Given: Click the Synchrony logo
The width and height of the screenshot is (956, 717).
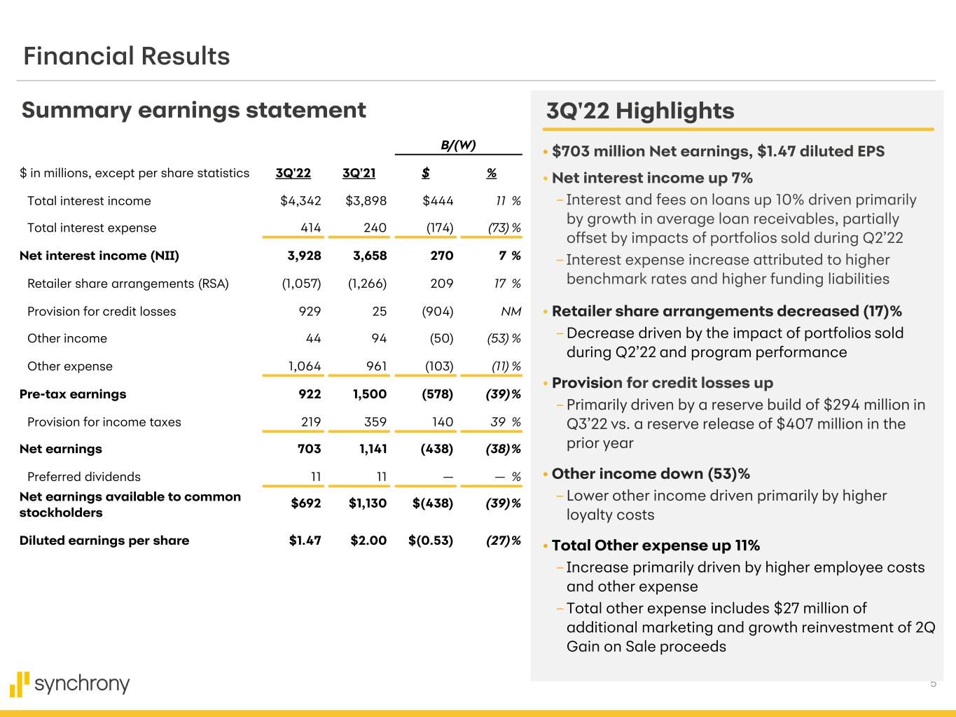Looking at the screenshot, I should pos(70,683).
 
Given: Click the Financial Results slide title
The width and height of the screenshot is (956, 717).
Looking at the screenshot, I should pos(126,56).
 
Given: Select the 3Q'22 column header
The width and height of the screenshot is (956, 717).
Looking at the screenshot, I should pos(293,173).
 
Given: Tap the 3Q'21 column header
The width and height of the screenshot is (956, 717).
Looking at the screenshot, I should pos(359,173).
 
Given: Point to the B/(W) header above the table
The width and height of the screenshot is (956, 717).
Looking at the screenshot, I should pos(458,145).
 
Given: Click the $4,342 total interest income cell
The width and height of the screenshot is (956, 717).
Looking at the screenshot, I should pos(300,201).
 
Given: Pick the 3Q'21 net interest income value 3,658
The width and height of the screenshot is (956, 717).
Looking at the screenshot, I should pos(366,256).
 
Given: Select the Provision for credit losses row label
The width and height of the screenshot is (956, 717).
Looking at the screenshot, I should pos(102,312).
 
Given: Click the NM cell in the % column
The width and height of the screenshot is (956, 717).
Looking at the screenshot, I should pos(511,312).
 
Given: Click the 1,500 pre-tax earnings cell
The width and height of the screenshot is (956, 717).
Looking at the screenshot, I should pos(366,394).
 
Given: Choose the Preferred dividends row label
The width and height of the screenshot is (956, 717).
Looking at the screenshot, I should pos(84,477).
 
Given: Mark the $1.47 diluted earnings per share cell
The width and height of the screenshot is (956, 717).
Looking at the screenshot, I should pos(305,541).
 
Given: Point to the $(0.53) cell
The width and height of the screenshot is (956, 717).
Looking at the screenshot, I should pos(431,541).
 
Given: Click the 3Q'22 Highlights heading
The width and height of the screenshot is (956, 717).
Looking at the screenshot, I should pos(640,111).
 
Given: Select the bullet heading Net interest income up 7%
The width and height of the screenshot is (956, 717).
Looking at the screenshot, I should pos(652,178).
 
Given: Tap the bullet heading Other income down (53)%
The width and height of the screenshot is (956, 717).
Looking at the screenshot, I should pos(651,474).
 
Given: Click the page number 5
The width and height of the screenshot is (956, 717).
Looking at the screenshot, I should pos(933,683).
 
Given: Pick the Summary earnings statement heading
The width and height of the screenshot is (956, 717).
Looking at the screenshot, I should pos(194,110).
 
